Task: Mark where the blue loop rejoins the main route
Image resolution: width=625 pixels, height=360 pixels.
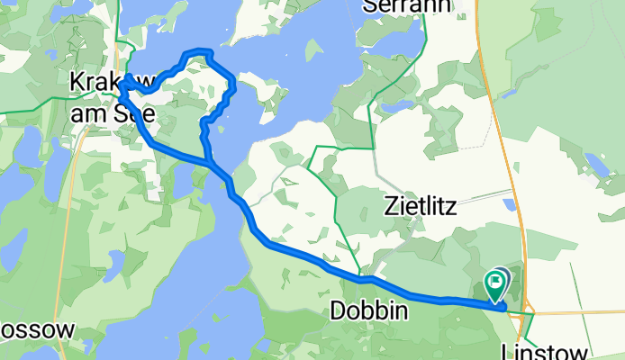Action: click(x=212, y=163)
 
